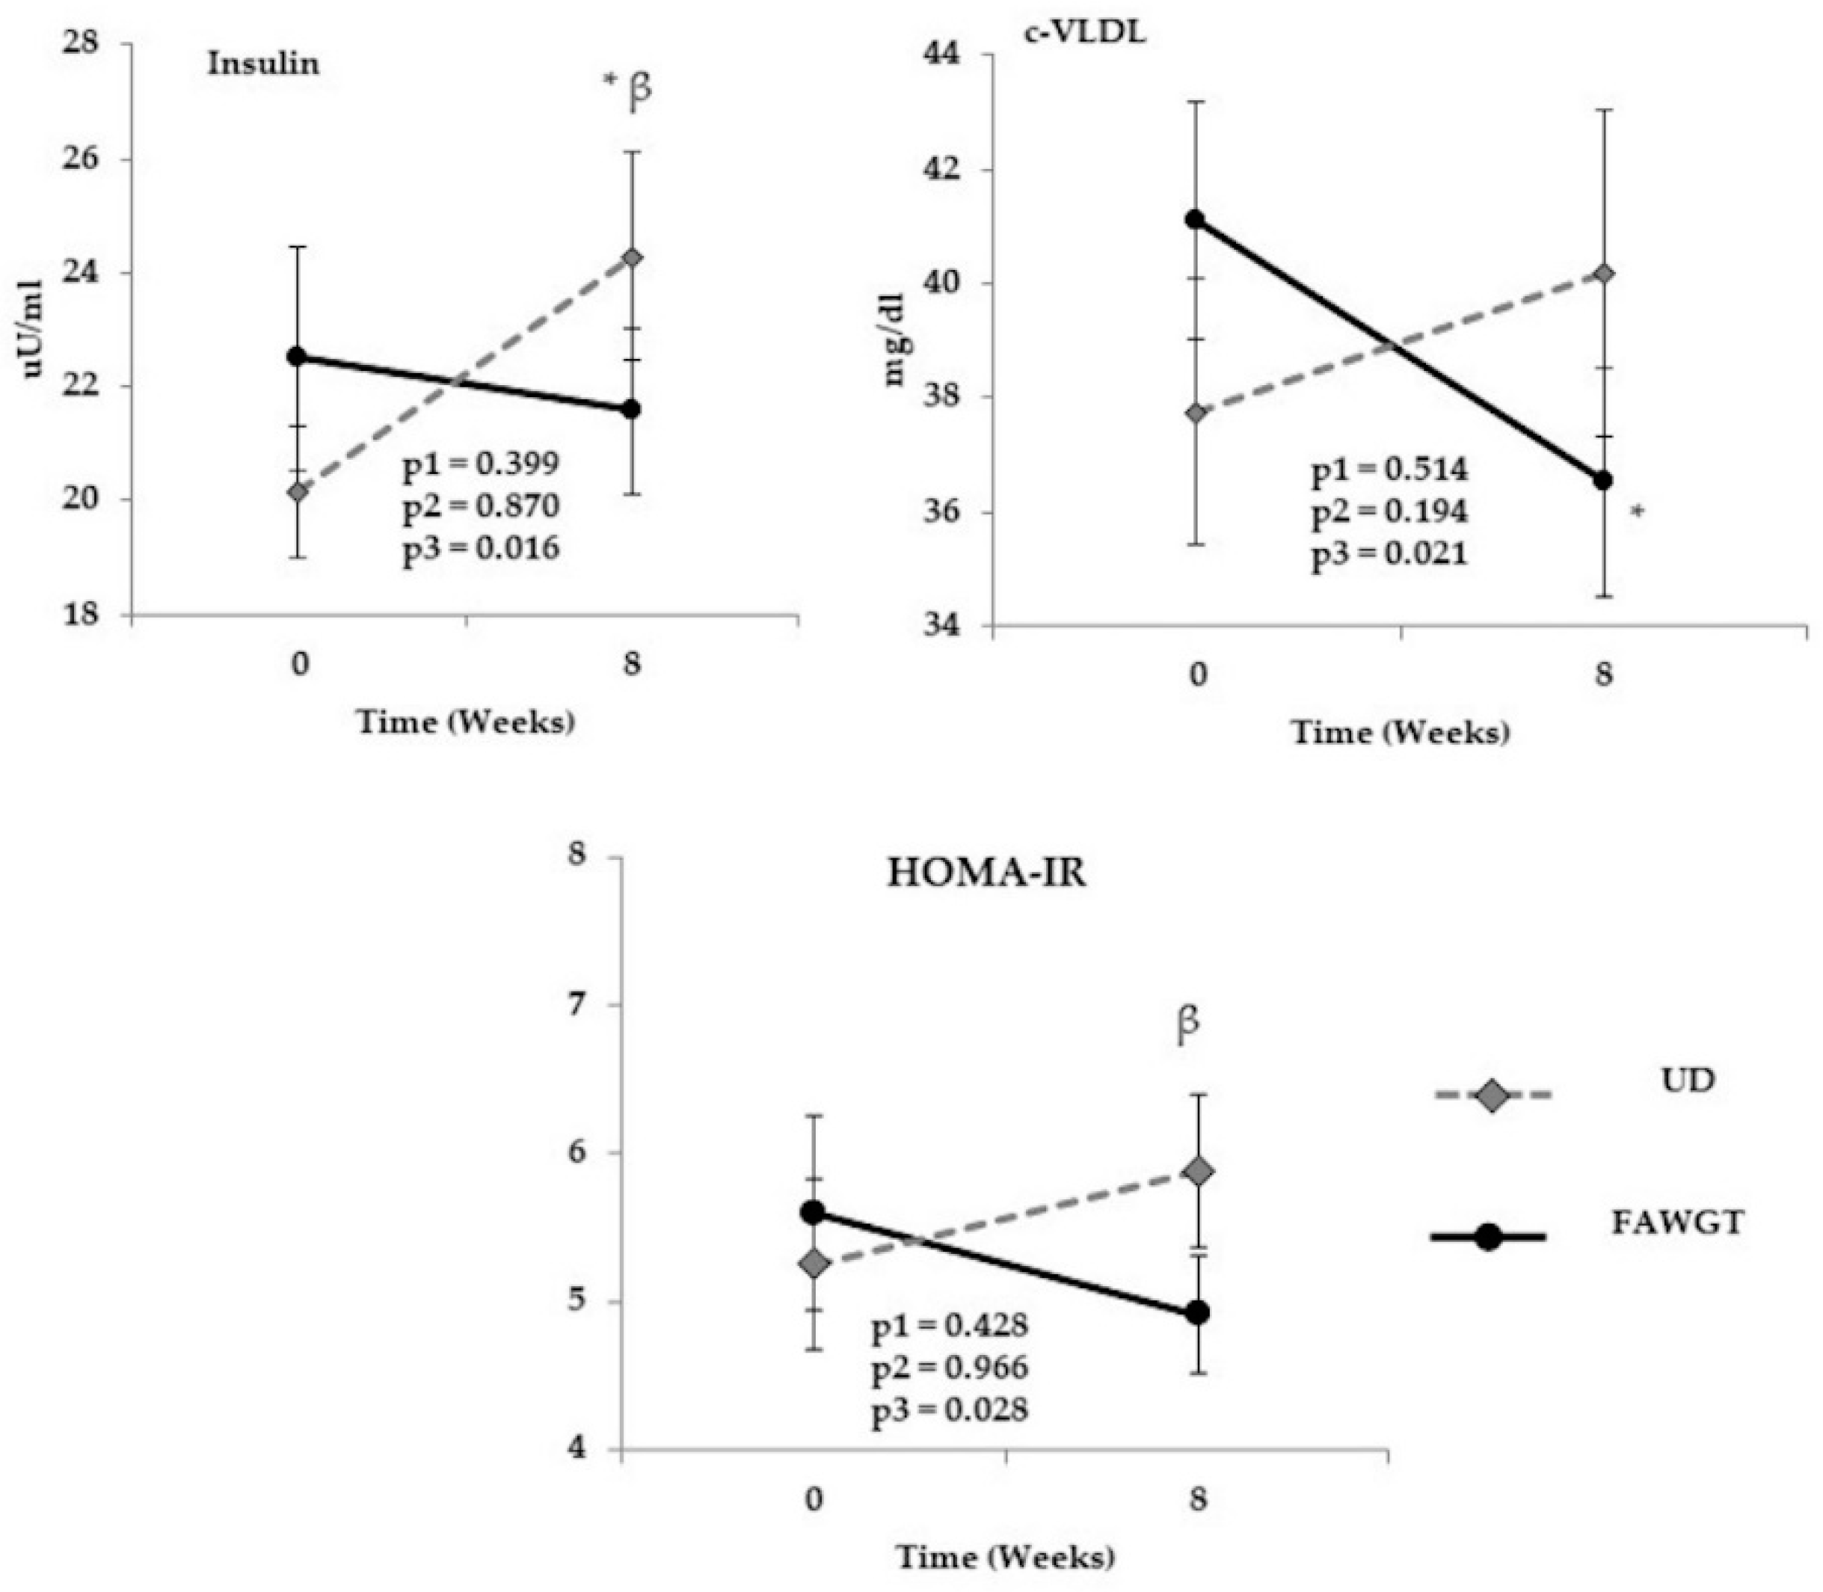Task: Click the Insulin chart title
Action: (x=263, y=64)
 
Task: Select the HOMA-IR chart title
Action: (x=986, y=873)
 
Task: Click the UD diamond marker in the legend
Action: (x=1492, y=1095)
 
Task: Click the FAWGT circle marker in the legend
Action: (x=1488, y=1237)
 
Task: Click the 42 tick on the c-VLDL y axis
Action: (x=949, y=169)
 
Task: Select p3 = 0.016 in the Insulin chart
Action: (x=481, y=548)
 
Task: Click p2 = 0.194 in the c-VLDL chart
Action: (x=1389, y=511)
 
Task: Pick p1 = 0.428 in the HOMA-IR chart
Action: (x=950, y=1326)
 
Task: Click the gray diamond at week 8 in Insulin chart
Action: (x=633, y=258)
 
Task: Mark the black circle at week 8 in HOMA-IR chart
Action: (x=1198, y=1313)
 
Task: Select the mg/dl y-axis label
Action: (x=892, y=339)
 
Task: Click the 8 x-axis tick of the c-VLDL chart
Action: (x=1602, y=675)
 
